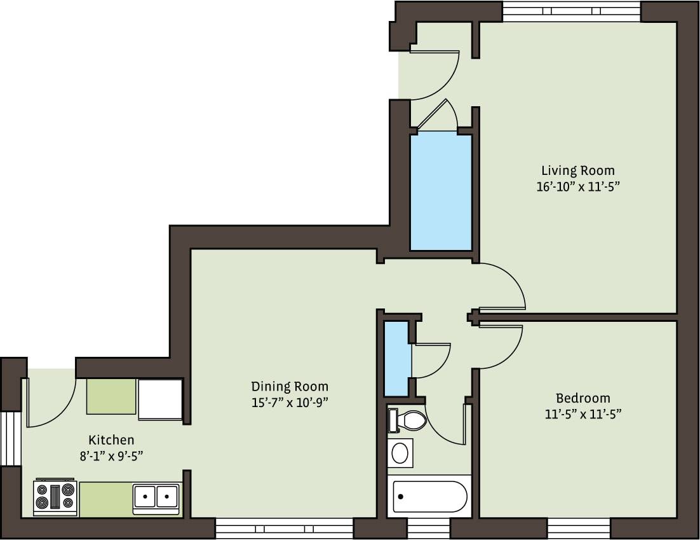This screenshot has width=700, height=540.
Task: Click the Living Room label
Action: [577, 170]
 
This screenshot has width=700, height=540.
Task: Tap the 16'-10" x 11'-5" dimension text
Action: [577, 187]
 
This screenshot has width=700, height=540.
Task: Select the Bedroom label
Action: [582, 399]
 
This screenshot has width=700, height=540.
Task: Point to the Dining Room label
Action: [290, 386]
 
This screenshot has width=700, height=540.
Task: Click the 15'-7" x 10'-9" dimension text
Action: [290, 402]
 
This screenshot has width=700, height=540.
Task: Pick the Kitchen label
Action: [111, 440]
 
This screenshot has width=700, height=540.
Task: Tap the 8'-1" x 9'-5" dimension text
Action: [111, 455]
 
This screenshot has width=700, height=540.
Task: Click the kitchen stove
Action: [55, 497]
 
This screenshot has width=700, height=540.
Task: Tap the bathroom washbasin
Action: [400, 453]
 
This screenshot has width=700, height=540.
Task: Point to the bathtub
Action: [431, 497]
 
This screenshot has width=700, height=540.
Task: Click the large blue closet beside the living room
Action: [441, 192]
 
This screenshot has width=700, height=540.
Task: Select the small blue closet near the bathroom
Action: [396, 359]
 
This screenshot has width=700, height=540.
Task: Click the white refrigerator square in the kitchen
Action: [160, 399]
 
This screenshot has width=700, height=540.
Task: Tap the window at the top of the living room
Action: [572, 11]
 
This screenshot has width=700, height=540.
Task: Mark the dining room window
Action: [284, 529]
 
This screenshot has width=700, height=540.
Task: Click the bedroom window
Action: [579, 529]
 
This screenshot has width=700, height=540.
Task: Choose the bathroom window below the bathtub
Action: [428, 529]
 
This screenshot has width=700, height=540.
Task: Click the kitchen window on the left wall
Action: [10, 439]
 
